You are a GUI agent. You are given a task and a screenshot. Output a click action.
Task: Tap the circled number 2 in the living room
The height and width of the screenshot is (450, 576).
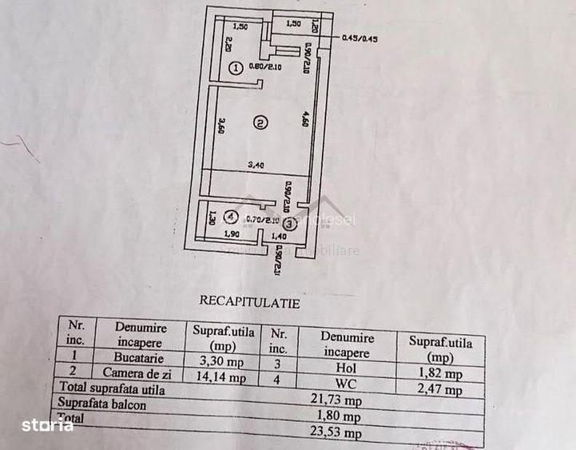click(x=260, y=122)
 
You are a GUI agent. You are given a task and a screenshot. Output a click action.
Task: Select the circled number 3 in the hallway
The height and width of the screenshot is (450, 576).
click(x=289, y=225)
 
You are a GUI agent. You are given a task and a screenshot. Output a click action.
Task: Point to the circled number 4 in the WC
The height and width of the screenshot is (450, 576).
click(x=230, y=215)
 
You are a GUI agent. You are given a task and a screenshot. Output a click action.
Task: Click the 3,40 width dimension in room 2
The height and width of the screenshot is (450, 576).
click(x=256, y=165)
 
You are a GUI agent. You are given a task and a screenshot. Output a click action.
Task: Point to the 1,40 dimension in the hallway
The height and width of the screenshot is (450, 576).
click(x=279, y=237)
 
